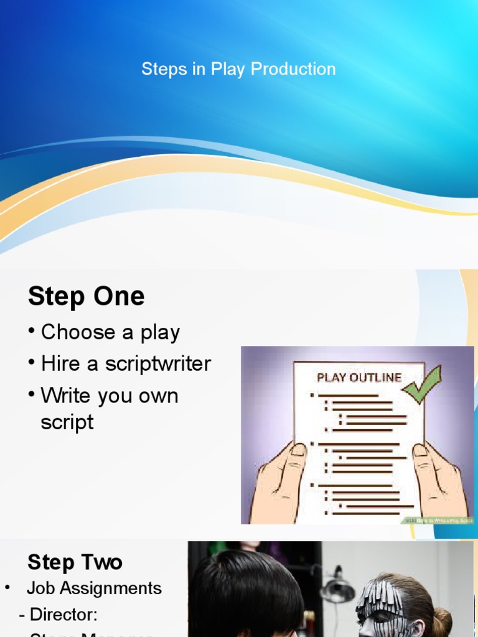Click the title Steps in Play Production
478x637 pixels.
click(x=238, y=69)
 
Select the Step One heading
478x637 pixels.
click(x=86, y=296)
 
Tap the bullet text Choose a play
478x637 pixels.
click(x=110, y=332)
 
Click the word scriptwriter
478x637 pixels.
click(x=158, y=364)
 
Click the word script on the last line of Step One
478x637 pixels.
click(x=67, y=422)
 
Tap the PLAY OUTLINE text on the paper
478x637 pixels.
click(x=359, y=377)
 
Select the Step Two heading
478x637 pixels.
click(x=75, y=562)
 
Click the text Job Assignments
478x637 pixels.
click(x=94, y=588)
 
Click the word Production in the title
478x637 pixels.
click(x=293, y=69)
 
